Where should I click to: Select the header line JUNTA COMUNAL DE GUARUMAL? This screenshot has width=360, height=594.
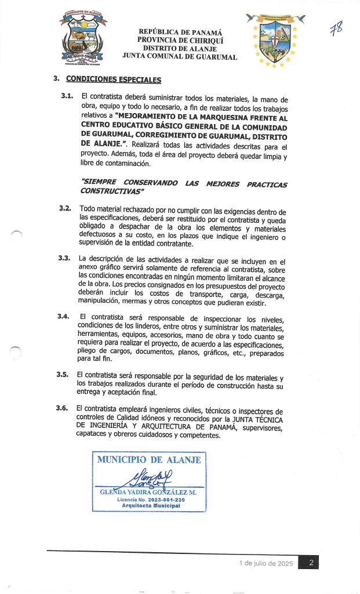pos(180,57)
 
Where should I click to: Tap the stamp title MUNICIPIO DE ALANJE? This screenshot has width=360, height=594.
pos(148,460)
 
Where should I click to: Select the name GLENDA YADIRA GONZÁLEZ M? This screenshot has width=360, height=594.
pos(148,492)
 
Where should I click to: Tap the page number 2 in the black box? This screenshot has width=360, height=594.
pos(311,563)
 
